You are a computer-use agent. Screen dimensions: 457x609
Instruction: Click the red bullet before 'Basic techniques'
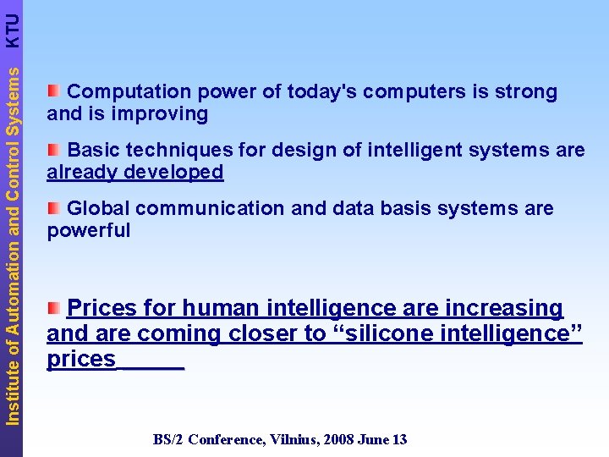[x=54, y=149]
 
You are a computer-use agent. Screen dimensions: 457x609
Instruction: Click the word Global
[x=97, y=208]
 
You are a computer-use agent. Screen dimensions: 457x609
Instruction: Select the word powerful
[x=89, y=230]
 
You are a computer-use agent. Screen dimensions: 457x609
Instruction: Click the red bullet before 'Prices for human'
[x=54, y=306]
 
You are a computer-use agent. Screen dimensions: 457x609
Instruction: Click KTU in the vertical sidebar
[x=12, y=30]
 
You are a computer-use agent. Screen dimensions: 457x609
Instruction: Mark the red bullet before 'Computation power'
[x=54, y=91]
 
